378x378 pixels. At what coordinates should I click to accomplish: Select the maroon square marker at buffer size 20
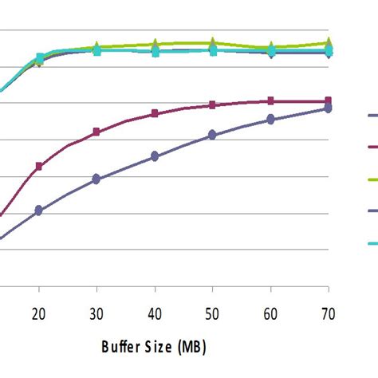38,166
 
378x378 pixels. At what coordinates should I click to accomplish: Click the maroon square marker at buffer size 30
96,132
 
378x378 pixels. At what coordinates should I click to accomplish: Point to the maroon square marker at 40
155,114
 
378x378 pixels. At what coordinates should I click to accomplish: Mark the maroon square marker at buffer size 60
271,100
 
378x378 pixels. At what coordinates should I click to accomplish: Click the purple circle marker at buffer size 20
38,211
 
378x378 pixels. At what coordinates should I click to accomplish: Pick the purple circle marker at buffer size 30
96,179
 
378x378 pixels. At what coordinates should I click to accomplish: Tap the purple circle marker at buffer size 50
213,135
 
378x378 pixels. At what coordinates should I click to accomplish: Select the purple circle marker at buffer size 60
271,119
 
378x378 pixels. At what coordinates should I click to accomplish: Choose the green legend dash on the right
372,179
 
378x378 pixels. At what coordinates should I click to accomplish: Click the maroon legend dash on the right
372,147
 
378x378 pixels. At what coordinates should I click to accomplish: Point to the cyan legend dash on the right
372,243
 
